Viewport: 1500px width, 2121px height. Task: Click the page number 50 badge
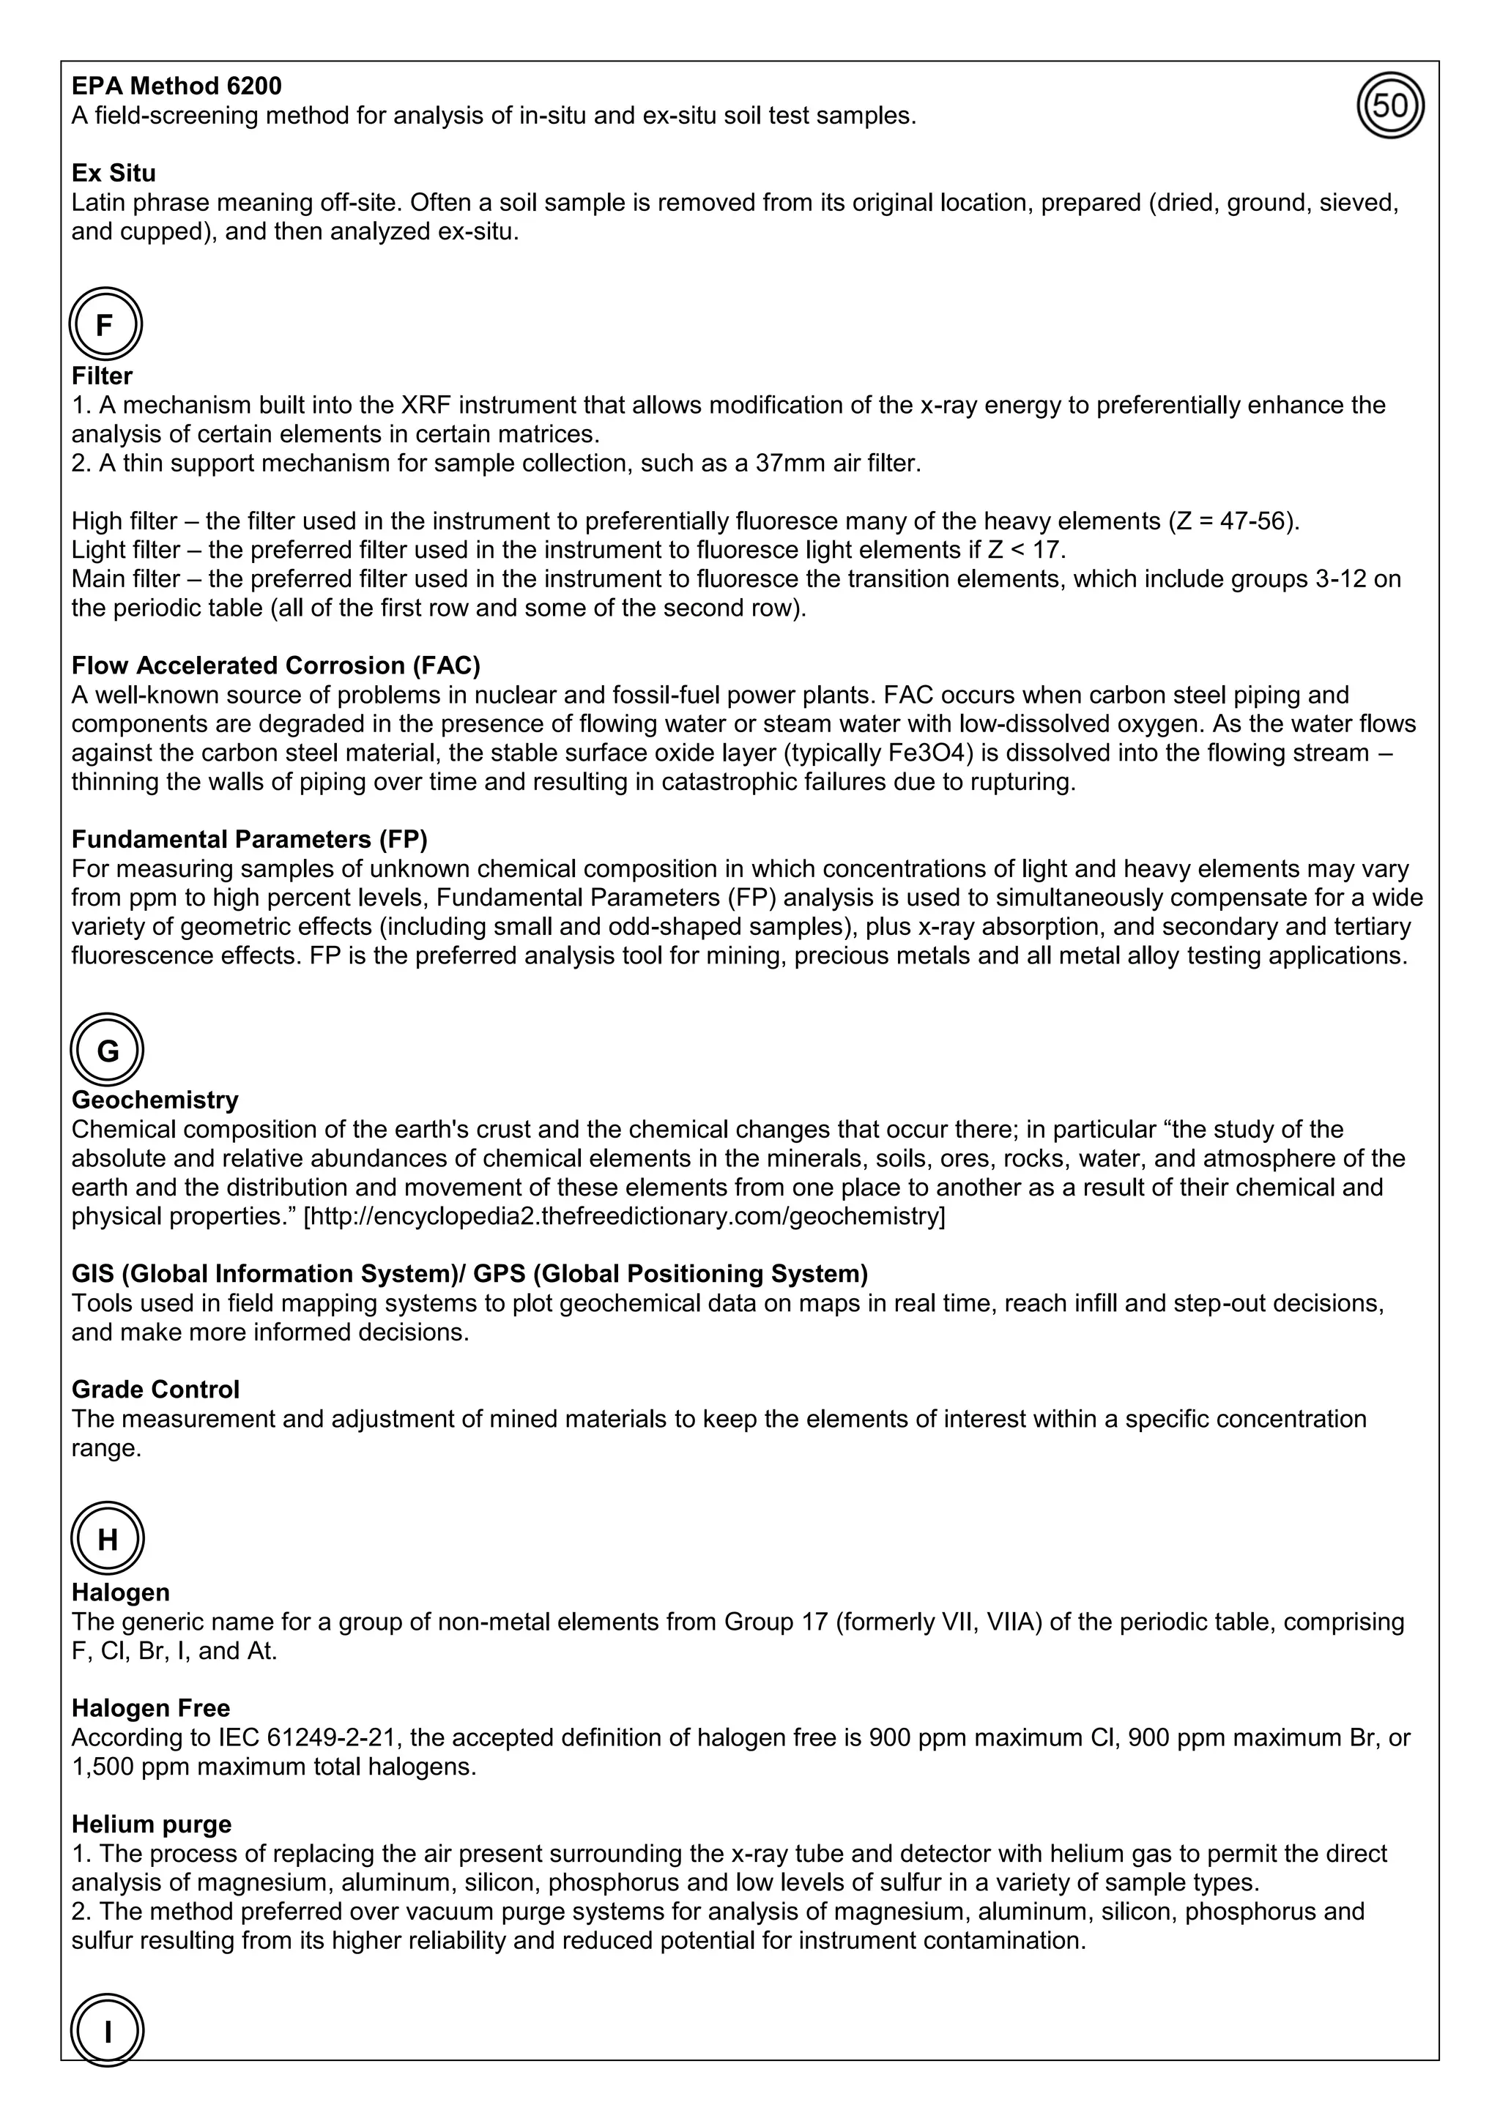[x=1390, y=106]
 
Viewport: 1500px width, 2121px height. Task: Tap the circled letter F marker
[x=105, y=324]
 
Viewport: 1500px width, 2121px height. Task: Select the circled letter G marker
[x=107, y=1051]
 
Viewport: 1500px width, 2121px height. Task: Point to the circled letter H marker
[x=107, y=1539]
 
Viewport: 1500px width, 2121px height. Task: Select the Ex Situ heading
[x=114, y=173]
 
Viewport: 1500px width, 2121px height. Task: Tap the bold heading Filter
[x=102, y=376]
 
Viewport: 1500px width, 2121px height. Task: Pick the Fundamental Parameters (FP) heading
[x=250, y=839]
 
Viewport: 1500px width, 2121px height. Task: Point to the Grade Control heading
[x=155, y=1390]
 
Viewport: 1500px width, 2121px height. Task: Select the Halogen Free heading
[x=151, y=1708]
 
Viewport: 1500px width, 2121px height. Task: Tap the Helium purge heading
[x=152, y=1824]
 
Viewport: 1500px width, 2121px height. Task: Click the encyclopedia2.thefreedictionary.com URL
[x=624, y=1217]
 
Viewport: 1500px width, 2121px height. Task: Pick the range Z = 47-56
[x=1233, y=521]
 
